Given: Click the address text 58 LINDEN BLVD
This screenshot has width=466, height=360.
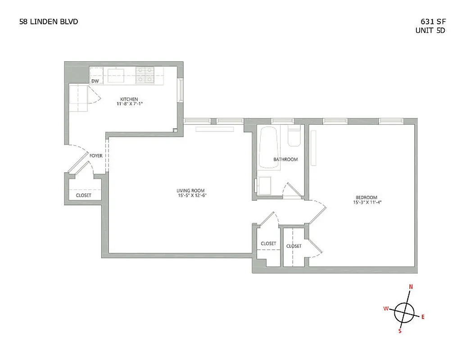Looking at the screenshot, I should [45, 21].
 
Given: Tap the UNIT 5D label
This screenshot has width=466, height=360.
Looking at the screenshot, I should [430, 31].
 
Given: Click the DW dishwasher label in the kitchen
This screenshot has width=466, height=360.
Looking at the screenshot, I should [95, 81].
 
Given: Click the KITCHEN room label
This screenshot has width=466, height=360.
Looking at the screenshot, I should [129, 99].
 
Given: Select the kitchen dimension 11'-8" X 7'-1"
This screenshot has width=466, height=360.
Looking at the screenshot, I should [129, 104].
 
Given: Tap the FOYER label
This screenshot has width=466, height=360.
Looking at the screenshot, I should [96, 156].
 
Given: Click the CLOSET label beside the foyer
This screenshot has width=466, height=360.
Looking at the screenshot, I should [83, 195].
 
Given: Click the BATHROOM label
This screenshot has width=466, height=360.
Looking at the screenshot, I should [285, 159].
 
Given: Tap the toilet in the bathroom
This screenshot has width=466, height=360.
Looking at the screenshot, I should [294, 137].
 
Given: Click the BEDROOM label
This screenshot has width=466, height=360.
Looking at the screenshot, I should [366, 197].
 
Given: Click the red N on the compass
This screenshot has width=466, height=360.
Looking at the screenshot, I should [410, 287].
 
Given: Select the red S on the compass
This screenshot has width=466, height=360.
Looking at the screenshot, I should [399, 331].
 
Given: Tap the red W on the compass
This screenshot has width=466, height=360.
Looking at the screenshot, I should [386, 308].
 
